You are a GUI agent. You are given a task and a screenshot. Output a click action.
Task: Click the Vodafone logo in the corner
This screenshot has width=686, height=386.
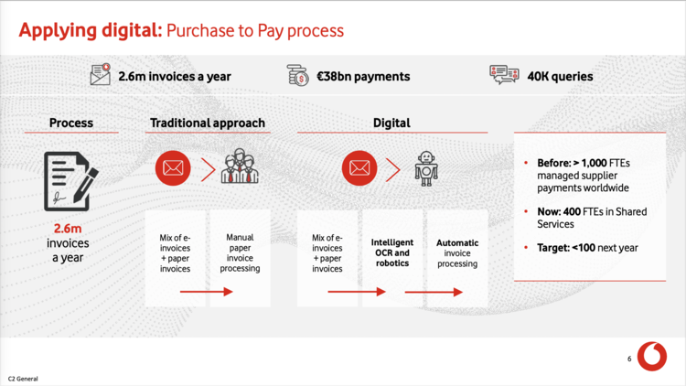[652, 356]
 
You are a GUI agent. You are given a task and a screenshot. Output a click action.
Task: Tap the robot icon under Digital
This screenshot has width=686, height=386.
[426, 168]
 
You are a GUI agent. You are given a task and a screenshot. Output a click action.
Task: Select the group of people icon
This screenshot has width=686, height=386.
[240, 166]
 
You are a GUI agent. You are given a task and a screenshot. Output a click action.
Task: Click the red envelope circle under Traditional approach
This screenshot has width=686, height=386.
[173, 168]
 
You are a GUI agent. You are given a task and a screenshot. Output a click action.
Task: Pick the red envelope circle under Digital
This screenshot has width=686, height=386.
[359, 168]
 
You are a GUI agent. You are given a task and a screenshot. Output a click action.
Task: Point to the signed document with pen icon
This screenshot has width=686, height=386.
[70, 181]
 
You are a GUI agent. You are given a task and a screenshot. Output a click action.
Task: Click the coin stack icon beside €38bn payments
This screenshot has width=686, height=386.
[297, 75]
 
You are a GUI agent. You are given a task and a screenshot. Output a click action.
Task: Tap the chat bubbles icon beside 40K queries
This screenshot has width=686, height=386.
[504, 74]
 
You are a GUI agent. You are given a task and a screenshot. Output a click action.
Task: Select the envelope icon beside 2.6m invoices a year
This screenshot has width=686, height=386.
[101, 74]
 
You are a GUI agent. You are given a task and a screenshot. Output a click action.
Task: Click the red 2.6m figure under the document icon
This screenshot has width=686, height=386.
[68, 229]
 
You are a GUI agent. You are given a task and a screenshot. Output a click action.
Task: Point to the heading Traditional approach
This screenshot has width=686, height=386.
[208, 123]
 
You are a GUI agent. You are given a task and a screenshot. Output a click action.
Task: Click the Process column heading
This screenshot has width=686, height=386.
[70, 123]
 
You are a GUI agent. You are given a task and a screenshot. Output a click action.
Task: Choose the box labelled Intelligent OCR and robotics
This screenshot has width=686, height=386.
[392, 258]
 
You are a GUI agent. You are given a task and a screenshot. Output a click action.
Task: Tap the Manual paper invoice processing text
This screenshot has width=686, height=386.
[240, 253]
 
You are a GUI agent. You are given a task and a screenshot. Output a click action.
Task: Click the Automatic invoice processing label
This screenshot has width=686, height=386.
[457, 253]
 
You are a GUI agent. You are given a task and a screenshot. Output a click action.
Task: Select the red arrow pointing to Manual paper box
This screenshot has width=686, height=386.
[206, 292]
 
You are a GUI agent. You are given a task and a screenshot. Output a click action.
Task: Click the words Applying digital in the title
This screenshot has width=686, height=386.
[91, 30]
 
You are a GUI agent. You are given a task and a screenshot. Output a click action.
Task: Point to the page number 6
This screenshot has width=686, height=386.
[629, 359]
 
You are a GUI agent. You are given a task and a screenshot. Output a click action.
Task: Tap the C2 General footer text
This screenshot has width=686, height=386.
[23, 379]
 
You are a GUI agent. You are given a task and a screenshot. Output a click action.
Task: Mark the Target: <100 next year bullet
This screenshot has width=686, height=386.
[587, 248]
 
